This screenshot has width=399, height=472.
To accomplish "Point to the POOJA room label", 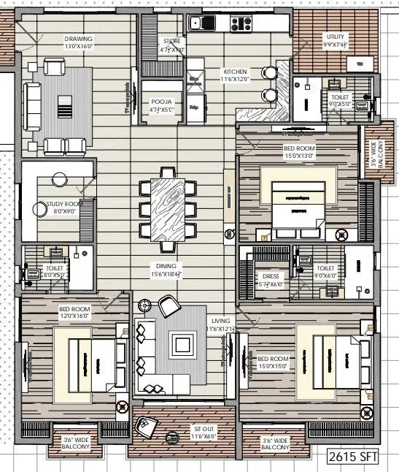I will coord(160,102).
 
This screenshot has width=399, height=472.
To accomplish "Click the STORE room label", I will coord(172,42).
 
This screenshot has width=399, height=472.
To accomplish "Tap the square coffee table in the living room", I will coord(181,343).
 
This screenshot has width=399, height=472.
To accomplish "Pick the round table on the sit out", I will coord(172,438).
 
